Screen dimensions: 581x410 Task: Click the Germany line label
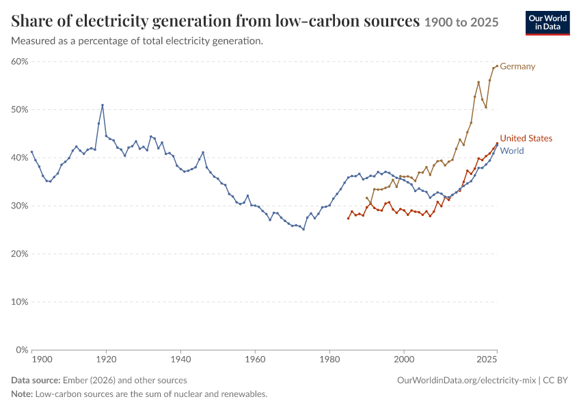coord(517,66)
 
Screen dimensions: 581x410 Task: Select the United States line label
coord(526,138)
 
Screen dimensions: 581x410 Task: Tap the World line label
coord(512,151)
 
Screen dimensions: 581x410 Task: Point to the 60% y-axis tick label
coord(20,61)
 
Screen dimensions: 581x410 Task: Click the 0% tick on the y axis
coord(22,350)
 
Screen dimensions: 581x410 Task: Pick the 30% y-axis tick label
coord(20,206)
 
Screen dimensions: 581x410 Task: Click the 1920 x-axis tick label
coord(107,359)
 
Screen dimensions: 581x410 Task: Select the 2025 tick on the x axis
coord(487,359)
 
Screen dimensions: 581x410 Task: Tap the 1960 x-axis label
coord(256,359)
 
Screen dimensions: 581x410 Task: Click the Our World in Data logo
coord(548,23)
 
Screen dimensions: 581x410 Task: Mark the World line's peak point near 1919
coord(103,105)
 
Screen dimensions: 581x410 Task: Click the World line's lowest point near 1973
coord(303,230)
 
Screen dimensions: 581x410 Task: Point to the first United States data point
coord(348,219)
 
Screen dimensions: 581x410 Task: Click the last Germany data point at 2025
coord(497,66)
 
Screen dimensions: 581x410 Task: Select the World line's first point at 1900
coord(32,152)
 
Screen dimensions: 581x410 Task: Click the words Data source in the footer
coord(36,381)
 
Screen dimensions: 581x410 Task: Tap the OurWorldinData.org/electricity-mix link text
coord(466,381)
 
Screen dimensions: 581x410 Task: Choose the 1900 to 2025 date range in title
coord(461,23)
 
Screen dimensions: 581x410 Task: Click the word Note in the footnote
coord(22,394)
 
